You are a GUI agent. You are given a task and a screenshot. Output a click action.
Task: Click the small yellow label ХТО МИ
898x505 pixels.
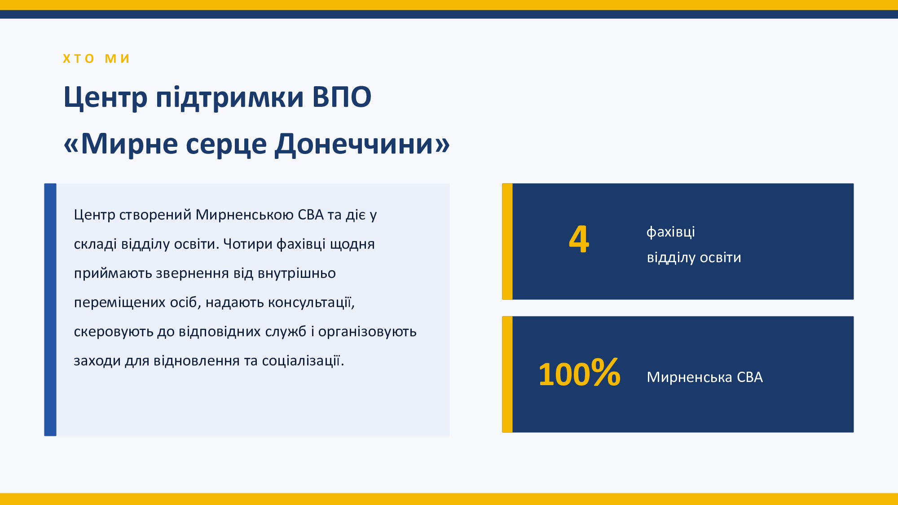click(96, 59)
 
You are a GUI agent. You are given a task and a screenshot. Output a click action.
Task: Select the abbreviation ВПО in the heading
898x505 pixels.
click(342, 97)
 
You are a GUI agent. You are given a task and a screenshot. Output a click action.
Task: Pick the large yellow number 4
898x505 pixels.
click(579, 239)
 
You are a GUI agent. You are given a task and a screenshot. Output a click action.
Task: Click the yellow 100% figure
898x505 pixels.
click(579, 373)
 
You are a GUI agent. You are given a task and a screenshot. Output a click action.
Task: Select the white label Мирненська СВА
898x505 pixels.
click(704, 377)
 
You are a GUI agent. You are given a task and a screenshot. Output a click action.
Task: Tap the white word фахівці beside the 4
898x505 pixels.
click(671, 232)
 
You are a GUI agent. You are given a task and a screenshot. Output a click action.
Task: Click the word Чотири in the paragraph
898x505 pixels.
click(248, 244)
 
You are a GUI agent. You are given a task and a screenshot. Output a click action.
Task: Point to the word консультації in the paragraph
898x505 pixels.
click(311, 303)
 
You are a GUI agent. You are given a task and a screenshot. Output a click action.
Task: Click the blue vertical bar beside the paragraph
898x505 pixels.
click(50, 310)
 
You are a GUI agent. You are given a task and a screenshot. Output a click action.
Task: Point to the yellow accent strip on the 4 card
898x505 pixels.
click(507, 242)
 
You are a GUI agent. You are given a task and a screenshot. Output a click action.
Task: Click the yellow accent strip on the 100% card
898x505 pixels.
click(507, 374)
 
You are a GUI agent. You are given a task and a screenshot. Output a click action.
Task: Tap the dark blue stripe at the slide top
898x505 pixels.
click(449, 14)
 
